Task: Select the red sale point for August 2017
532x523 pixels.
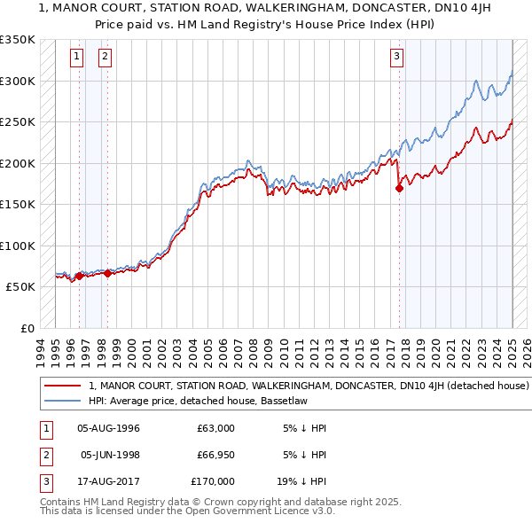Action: [x=400, y=187]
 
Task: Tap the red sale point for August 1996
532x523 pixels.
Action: [x=79, y=276]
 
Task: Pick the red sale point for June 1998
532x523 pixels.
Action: [x=107, y=273]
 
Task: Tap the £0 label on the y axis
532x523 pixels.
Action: [x=26, y=328]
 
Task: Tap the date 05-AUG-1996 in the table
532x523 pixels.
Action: [x=109, y=428]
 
